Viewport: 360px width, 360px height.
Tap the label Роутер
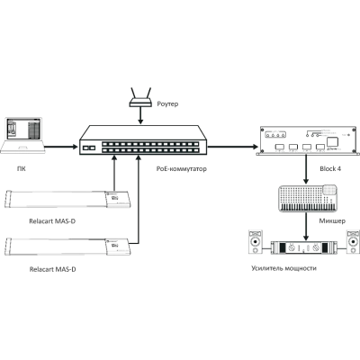point(167,103)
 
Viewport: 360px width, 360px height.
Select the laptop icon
point(22,135)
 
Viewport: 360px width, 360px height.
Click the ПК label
point(21,169)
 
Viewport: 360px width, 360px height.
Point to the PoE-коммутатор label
point(182,169)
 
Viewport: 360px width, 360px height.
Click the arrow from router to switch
point(140,115)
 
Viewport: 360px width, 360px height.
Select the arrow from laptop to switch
point(61,147)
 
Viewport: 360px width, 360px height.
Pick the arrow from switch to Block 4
point(233,147)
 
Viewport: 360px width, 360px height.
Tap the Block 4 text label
point(330,168)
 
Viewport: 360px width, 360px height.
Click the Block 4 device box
point(308,140)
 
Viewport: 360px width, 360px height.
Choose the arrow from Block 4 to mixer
point(306,169)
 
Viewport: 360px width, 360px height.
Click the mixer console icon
point(308,198)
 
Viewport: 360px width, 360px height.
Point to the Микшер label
point(332,221)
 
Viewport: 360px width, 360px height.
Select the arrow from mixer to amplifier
point(306,226)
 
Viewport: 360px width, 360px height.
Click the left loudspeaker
point(256,242)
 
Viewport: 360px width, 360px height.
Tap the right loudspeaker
point(353,242)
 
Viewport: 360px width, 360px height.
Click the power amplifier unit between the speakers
point(303,247)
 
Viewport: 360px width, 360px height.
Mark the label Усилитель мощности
point(283,268)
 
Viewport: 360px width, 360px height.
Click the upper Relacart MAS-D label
point(52,221)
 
